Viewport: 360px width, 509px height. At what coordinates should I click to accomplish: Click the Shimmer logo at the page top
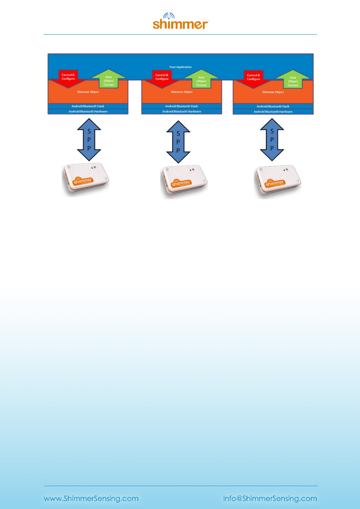(180, 21)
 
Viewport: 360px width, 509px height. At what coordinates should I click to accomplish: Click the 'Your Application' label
(180, 67)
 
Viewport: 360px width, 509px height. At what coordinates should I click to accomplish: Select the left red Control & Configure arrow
(68, 78)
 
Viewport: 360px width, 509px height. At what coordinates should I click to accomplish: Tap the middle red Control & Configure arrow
(162, 78)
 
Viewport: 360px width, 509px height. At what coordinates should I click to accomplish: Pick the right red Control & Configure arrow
(253, 78)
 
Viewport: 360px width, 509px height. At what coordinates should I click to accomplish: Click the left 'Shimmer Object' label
(88, 92)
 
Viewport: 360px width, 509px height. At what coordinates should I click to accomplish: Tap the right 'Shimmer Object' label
(273, 92)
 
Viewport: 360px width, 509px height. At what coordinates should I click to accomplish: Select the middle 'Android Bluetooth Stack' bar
(181, 106)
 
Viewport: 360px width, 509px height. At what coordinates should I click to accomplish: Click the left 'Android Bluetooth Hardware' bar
(88, 112)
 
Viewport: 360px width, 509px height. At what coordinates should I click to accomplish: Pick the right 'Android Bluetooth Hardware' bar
(273, 112)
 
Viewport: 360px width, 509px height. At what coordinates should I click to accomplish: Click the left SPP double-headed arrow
(89, 140)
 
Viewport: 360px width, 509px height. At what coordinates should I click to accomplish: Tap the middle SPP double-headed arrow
(178, 142)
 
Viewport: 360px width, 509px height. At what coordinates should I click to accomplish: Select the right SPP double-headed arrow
(272, 140)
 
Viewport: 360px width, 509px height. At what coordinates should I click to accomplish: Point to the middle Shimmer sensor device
(184, 181)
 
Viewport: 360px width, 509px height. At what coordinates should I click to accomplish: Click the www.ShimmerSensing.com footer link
(91, 498)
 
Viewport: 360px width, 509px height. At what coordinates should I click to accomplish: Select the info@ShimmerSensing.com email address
(270, 498)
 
